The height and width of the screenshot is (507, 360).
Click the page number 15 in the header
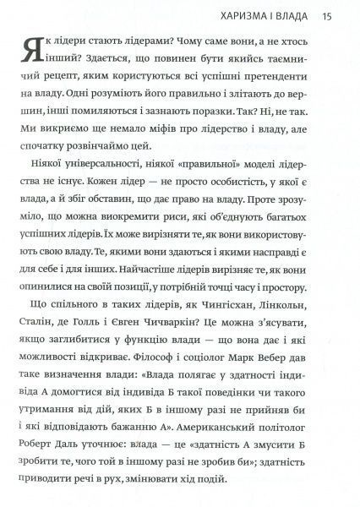coord(327,15)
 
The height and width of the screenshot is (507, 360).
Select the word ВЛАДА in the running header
coord(295,15)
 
